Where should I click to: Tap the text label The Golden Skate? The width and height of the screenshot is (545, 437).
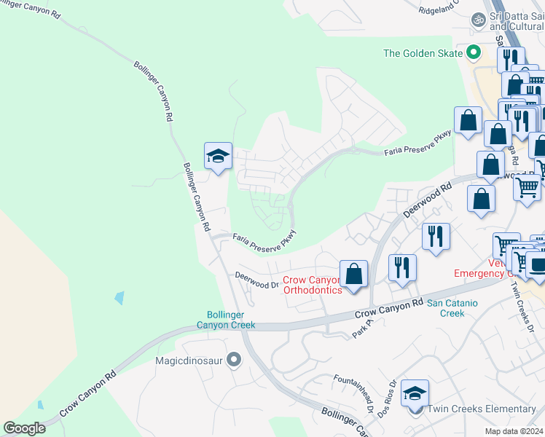tap(423, 53)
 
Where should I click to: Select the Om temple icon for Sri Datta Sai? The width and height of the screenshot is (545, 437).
tap(479, 19)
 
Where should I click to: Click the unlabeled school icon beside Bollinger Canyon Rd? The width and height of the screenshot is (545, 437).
tap(218, 156)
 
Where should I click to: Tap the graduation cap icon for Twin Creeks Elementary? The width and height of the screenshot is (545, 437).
tap(415, 394)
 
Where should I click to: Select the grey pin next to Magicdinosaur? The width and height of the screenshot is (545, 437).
tap(233, 359)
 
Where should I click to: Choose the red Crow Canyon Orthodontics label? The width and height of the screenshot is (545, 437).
tap(312, 285)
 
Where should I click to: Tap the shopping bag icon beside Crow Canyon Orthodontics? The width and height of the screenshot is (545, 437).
tap(353, 275)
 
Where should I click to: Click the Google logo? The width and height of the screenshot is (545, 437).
tap(24, 428)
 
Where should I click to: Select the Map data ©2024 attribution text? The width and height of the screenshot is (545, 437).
tap(513, 431)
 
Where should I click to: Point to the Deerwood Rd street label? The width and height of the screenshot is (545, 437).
tap(427, 200)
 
